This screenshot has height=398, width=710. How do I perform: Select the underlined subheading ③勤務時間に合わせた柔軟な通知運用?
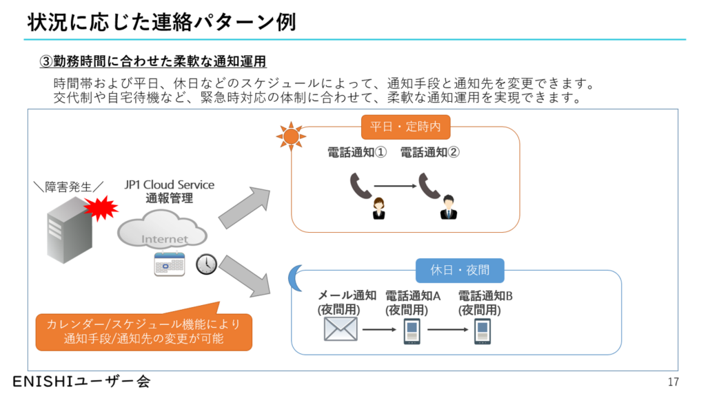[152, 61]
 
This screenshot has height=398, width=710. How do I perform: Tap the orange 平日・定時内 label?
[405, 127]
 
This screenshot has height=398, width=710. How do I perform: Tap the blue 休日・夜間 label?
[460, 270]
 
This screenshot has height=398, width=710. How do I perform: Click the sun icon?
[290, 135]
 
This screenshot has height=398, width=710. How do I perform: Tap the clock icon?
[206, 264]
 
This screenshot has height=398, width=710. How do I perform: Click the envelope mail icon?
[341, 330]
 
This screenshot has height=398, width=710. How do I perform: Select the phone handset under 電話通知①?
[361, 185]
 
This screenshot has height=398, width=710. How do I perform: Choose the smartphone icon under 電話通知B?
[483, 331]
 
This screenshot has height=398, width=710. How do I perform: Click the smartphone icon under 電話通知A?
[411, 331]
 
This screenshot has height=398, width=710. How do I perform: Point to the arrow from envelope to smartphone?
[378, 330]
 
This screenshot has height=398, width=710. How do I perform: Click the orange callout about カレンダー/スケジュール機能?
[143, 331]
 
